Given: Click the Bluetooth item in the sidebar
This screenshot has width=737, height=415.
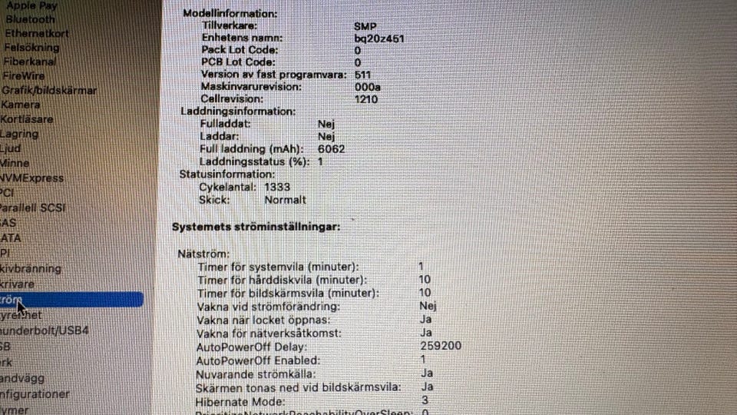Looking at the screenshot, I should click(30, 19).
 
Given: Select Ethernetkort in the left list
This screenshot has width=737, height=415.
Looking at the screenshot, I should click(36, 34).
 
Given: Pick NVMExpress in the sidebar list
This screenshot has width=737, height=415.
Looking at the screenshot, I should click(31, 178).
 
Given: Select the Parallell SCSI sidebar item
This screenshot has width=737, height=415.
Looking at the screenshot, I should click(32, 208).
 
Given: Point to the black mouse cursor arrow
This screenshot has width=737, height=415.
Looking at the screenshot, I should click(21, 307).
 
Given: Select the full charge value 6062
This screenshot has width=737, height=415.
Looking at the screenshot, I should click(331, 148).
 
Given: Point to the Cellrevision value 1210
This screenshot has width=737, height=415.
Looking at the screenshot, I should click(365, 100).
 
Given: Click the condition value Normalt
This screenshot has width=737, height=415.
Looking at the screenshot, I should click(285, 200).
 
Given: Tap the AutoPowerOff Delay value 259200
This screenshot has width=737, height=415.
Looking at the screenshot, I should click(441, 347).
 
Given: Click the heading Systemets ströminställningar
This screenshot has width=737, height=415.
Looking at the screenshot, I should click(256, 227).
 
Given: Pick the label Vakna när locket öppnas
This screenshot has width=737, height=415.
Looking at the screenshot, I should click(263, 320).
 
